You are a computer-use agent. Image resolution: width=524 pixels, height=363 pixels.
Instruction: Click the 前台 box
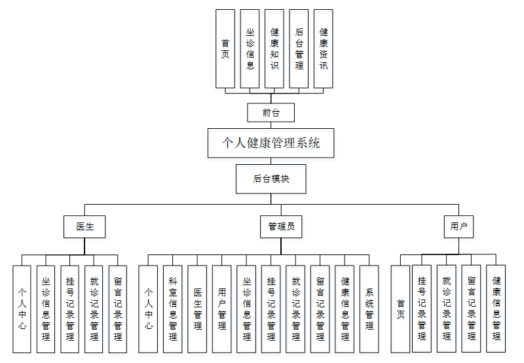(x=271, y=112)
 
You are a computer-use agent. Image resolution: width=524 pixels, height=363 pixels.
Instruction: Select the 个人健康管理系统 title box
(x=271, y=143)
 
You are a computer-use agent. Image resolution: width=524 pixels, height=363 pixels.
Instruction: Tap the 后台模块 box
(x=271, y=179)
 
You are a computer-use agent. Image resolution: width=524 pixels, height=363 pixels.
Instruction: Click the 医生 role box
(x=85, y=227)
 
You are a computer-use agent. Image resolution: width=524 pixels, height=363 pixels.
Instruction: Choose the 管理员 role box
(x=281, y=227)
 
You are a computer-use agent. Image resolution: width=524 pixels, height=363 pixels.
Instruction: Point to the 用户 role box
(x=458, y=227)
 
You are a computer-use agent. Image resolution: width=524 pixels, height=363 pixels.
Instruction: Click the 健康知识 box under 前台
(x=274, y=49)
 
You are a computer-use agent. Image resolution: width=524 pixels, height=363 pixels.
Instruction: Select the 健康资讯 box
(x=324, y=49)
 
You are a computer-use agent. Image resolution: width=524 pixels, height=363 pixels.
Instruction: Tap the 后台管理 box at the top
(x=299, y=49)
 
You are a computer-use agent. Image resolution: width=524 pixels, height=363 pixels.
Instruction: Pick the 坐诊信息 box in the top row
(x=250, y=49)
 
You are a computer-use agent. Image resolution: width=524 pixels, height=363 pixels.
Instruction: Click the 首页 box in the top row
(x=225, y=49)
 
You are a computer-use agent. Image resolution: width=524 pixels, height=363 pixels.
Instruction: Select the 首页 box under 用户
(x=400, y=309)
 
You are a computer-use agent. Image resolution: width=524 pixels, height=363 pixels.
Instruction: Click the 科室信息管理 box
(x=173, y=309)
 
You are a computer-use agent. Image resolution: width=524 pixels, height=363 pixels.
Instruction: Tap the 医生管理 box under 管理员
(x=197, y=309)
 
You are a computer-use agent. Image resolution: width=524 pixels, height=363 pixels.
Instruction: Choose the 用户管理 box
(x=222, y=309)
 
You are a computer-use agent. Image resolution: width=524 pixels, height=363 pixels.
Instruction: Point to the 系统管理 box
(x=369, y=309)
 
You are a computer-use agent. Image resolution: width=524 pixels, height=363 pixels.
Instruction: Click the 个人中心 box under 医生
(x=22, y=309)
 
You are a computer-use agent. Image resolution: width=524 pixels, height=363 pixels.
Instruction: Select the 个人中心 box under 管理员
(x=148, y=309)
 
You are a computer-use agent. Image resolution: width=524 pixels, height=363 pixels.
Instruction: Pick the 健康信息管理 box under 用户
(x=496, y=309)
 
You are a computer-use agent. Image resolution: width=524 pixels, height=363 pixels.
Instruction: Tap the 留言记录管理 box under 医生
(x=118, y=309)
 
